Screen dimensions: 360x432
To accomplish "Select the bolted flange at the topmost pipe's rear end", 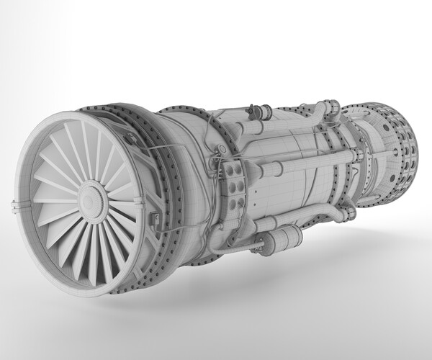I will coord(333,108).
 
